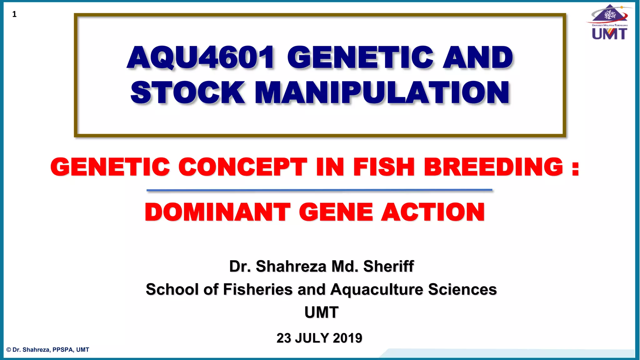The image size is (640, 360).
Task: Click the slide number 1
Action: click(14, 14)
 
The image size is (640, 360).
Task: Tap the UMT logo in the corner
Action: click(609, 22)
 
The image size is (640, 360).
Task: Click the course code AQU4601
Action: click(201, 57)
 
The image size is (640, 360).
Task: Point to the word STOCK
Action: click(187, 92)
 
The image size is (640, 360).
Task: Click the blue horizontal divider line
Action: click(319, 190)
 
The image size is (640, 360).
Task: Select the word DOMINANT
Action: click(217, 212)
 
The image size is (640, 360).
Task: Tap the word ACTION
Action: click(433, 212)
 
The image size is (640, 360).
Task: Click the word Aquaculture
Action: click(377, 289)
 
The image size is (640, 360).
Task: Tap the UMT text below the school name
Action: click(321, 312)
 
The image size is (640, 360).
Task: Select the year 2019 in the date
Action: click(347, 338)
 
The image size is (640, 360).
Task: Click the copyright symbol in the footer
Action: click(9, 350)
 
